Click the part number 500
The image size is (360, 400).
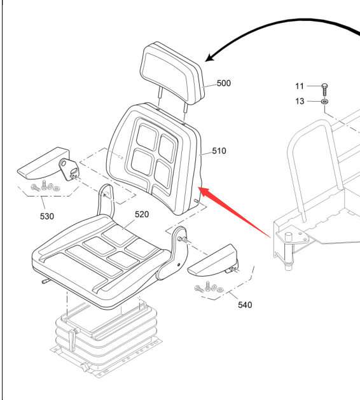point(224,83)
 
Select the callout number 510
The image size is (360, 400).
point(219,151)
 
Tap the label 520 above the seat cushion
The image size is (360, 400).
point(142,214)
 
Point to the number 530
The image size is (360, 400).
point(47,216)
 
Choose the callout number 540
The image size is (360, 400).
point(245,305)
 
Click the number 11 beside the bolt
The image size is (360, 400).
point(300,86)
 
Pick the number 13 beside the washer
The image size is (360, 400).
point(300,101)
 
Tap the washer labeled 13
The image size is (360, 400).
point(324,102)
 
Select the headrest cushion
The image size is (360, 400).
point(172,74)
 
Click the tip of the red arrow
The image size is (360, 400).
point(198,187)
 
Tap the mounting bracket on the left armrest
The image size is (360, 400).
point(69,169)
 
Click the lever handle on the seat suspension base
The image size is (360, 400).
point(73,340)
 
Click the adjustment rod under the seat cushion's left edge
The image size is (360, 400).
point(46,281)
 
